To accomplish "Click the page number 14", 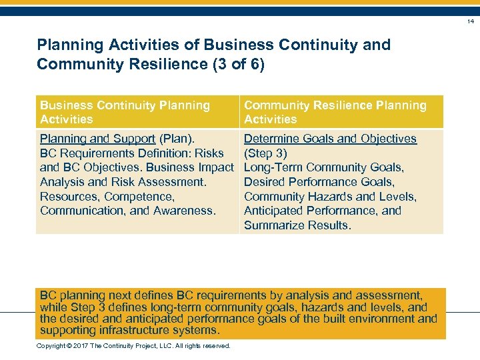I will click(470, 21).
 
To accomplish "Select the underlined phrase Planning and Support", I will click(97, 139).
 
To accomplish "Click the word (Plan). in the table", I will click(177, 139).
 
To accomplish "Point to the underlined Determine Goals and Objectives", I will click(330, 139).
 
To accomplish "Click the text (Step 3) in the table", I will click(265, 153).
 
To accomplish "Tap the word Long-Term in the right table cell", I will click(272, 167).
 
